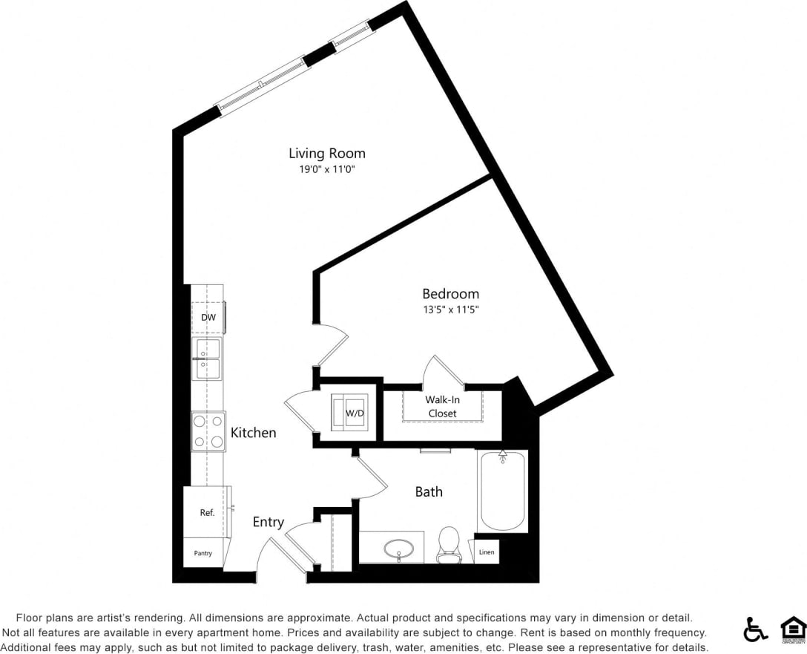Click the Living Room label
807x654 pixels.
click(x=326, y=154)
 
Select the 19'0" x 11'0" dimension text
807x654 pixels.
click(x=326, y=169)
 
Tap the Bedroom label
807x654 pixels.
click(x=450, y=294)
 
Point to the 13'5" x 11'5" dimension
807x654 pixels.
click(x=450, y=310)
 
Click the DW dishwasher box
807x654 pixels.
click(x=208, y=318)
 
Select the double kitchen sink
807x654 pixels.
click(x=207, y=359)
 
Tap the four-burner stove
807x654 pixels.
click(x=208, y=431)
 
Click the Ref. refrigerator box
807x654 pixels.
click(x=207, y=512)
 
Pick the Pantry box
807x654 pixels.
click(x=202, y=553)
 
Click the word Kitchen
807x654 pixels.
click(x=253, y=433)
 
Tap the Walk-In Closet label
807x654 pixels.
click(x=442, y=406)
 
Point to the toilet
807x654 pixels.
click(x=449, y=544)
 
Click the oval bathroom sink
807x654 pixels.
click(x=399, y=549)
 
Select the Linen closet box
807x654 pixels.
click(x=486, y=552)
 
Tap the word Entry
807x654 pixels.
click(x=268, y=523)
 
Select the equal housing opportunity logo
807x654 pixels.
click(x=793, y=629)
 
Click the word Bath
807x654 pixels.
click(x=429, y=491)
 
